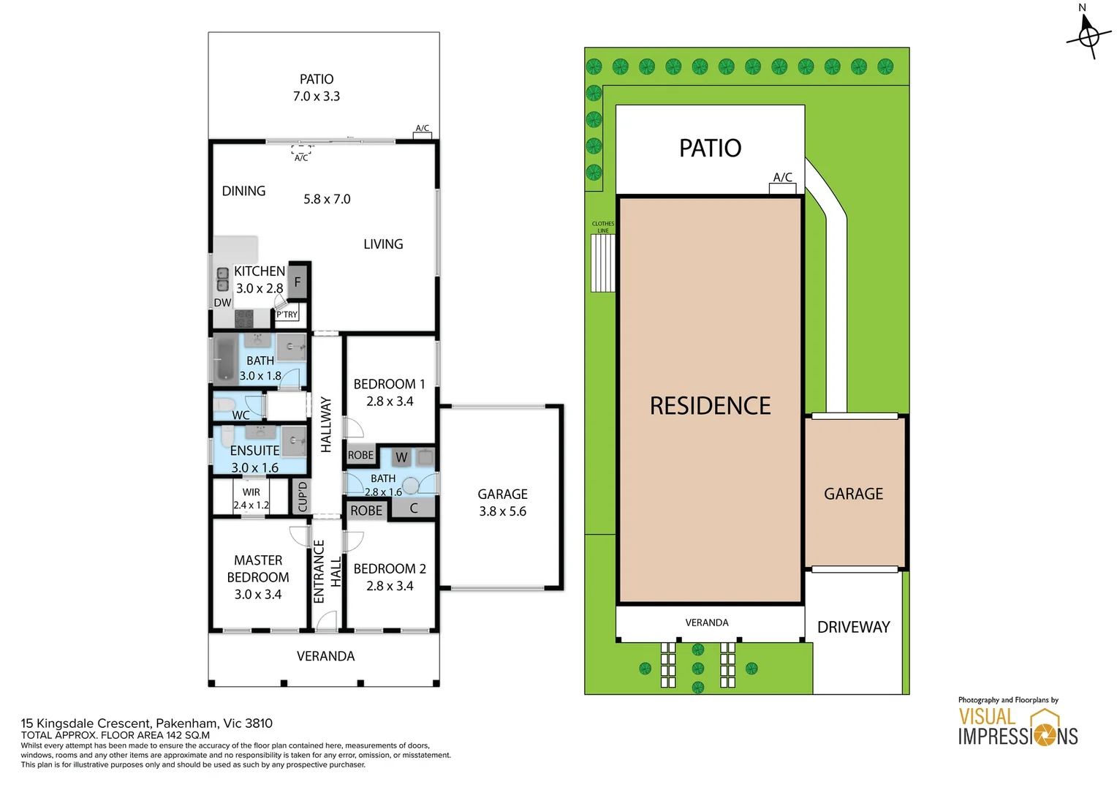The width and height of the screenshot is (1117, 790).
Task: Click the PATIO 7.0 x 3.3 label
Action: point(316,87)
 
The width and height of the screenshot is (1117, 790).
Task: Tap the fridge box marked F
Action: point(298,282)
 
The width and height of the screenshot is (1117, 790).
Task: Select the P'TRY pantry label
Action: point(287,315)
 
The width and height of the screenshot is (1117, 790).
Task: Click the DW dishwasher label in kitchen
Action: point(222,302)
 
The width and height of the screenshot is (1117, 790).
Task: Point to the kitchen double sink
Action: point(222,279)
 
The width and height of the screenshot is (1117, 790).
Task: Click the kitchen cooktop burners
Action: point(244,318)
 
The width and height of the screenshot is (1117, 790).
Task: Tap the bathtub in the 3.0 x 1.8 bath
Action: point(226,359)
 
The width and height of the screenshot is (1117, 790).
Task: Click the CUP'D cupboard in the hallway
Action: point(302,496)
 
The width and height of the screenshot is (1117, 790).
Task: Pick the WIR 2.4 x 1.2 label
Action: point(251,499)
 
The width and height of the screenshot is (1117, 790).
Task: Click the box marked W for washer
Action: point(401,456)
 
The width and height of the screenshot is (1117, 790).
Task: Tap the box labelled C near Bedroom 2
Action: point(413,508)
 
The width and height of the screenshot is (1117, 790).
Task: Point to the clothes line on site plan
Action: point(603,263)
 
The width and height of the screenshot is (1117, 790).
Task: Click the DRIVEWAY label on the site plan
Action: point(853,627)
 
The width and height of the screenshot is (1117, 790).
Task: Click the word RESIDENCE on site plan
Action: point(710,405)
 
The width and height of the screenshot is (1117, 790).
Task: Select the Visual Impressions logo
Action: point(1018,722)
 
